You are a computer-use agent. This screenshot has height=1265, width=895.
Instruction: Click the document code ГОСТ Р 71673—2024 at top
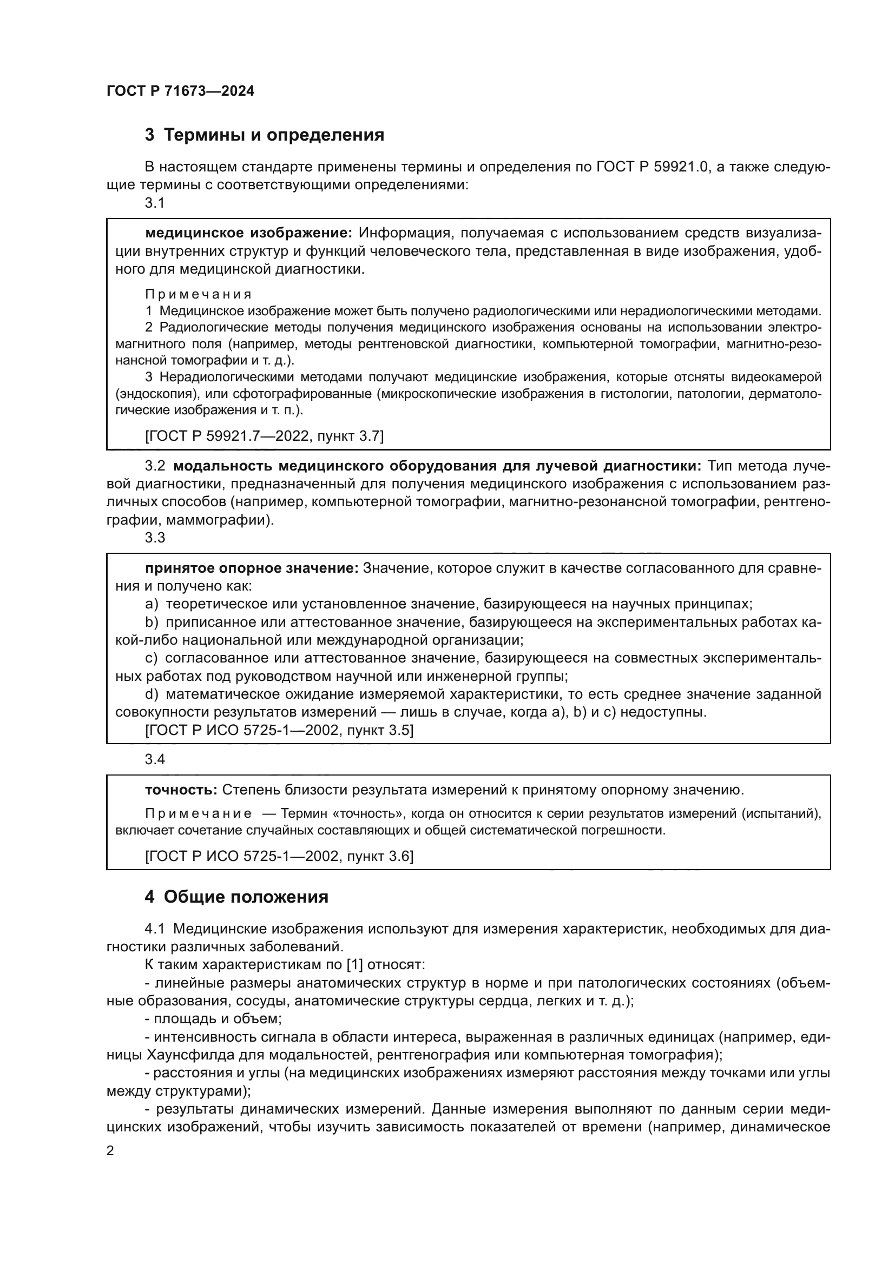coord(180,91)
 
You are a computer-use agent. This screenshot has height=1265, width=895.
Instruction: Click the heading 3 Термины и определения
coord(264,135)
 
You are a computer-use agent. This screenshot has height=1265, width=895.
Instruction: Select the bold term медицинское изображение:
coord(248,233)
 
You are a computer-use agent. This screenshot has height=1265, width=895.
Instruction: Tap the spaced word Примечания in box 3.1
coord(199,294)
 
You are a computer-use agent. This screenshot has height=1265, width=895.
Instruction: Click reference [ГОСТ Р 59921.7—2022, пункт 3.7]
coord(264,436)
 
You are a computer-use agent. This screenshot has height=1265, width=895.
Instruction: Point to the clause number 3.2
coord(155,466)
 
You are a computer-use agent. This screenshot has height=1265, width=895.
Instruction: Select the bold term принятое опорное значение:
coord(252,568)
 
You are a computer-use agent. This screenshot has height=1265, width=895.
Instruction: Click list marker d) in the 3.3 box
coord(152,694)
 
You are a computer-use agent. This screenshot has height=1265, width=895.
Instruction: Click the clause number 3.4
coord(155,760)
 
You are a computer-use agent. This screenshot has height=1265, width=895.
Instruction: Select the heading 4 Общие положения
coord(236,897)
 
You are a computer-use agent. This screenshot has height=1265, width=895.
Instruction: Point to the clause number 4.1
coord(155,929)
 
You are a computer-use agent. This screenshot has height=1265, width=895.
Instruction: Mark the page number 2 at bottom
coord(110,1151)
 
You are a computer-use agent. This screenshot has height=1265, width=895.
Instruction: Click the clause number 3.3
coord(155,538)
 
